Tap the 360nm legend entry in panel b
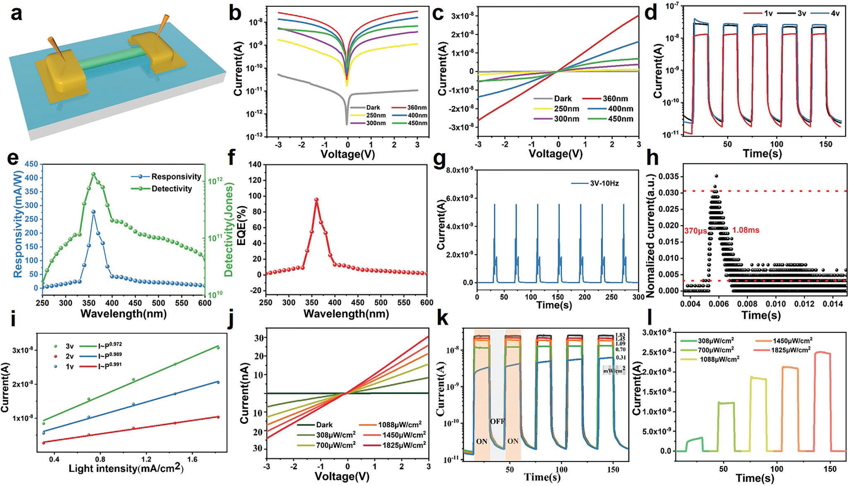[416, 108]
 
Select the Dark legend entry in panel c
[562, 99]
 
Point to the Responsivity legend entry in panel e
[176, 177]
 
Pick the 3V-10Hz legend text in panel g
[604, 183]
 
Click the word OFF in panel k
[497, 421]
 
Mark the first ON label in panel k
[482, 441]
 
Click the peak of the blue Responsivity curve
[93, 212]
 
